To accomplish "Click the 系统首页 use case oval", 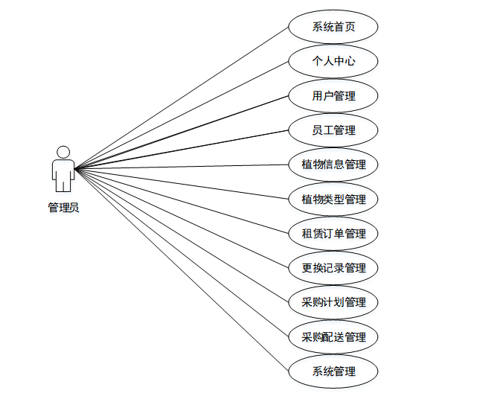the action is (x=333, y=27).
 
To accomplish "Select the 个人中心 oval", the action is (x=333, y=61).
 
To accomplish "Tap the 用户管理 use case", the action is (x=333, y=95).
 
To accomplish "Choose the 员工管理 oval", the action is (x=333, y=130).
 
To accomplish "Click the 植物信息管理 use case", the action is (x=333, y=165).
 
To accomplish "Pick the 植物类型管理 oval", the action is (x=333, y=199).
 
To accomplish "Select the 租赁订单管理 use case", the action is (x=333, y=234).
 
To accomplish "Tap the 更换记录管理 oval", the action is (x=333, y=268).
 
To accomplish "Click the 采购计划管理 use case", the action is (x=333, y=302).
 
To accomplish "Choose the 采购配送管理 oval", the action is (x=333, y=337).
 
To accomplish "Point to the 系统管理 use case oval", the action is (x=333, y=371).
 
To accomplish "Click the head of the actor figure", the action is (x=63, y=151).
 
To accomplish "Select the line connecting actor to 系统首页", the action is (x=182, y=98).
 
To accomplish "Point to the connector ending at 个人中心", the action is (x=182, y=115).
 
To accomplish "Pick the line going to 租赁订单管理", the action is (x=182, y=199).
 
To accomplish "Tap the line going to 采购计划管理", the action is (x=182, y=234).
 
